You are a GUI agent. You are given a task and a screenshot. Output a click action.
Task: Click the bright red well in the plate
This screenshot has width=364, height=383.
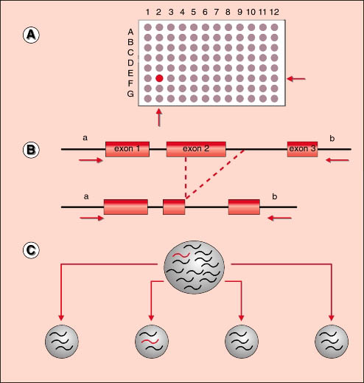tap(159, 78)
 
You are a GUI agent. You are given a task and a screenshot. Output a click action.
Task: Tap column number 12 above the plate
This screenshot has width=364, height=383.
tap(274, 12)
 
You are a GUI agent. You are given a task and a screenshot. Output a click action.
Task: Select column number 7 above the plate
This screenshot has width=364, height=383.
tap(217, 12)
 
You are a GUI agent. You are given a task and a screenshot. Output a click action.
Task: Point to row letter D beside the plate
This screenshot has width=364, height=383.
tap(130, 63)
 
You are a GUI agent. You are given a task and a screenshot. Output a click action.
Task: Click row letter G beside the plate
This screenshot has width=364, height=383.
tap(130, 94)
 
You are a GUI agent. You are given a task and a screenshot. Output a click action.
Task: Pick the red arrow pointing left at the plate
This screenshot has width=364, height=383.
tap(296, 79)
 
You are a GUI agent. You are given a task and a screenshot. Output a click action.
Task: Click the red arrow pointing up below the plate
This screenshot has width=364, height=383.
tap(159, 117)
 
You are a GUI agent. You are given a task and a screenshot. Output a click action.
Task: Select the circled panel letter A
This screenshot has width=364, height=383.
tap(31, 35)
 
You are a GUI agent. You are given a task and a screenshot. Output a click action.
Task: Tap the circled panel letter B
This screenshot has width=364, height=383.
tap(31, 150)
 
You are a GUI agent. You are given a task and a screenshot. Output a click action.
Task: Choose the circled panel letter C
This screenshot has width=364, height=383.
tap(31, 250)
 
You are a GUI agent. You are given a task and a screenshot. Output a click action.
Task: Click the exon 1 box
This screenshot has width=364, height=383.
tap(127, 149)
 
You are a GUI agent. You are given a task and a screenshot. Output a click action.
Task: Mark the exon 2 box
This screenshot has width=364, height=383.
tap(196, 149)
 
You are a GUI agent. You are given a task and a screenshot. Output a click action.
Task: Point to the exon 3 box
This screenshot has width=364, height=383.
tap(302, 149)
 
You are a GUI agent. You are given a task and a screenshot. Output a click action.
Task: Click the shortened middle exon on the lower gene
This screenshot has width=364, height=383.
tap(174, 207)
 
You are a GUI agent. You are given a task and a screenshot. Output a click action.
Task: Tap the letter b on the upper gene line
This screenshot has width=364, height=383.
tap(332, 139)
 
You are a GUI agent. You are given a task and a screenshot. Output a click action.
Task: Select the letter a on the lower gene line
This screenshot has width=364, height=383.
tap(86, 197)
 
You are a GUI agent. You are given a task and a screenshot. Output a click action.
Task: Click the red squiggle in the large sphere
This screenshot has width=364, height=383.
tap(181, 255)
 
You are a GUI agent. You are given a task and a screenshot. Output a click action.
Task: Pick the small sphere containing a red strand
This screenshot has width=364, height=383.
tap(152, 342)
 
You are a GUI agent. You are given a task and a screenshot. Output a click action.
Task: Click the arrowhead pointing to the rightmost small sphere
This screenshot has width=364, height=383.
tap(332, 317)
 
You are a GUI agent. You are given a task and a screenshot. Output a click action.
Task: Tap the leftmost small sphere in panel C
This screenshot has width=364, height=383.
tap(62, 342)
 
